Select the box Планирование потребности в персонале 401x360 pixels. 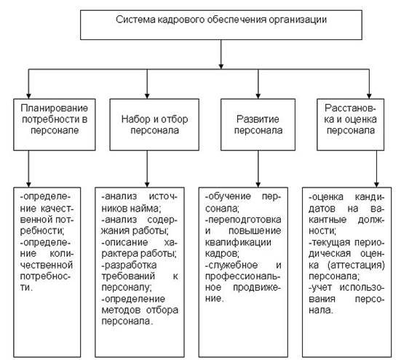tap(55, 124)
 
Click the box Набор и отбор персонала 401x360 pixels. tap(154, 124)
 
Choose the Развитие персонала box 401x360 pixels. tap(258, 124)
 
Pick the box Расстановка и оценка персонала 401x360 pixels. tap(350, 124)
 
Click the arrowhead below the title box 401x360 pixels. tap(221, 66)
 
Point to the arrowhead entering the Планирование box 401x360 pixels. tap(28, 96)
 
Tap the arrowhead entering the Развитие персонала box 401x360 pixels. tap(258, 96)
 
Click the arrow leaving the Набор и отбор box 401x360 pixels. tap(147, 169)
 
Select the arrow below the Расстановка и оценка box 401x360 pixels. tap(376, 169)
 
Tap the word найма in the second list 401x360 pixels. tap(146, 209)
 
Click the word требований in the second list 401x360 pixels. tap(128, 276)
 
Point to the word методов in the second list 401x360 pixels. tap(121, 310)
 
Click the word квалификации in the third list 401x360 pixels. tap(238, 242)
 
